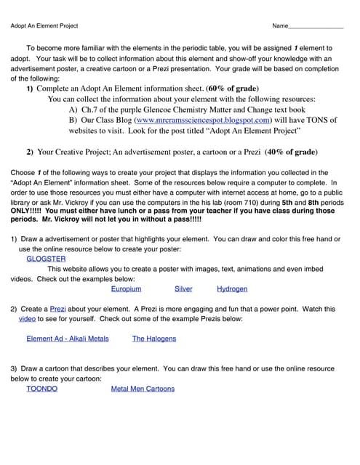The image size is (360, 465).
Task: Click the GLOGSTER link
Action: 46,258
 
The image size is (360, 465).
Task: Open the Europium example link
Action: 126,288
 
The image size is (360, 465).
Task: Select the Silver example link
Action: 183,288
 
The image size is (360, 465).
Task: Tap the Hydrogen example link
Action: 232,288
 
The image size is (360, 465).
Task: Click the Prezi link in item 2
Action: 57,309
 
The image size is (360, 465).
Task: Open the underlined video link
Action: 27,319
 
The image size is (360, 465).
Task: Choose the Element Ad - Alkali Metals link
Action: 67,339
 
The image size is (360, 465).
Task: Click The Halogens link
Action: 153,339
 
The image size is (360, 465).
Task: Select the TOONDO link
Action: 41,389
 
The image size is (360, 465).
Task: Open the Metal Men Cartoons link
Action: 143,389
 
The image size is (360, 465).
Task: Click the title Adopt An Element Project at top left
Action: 44,26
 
